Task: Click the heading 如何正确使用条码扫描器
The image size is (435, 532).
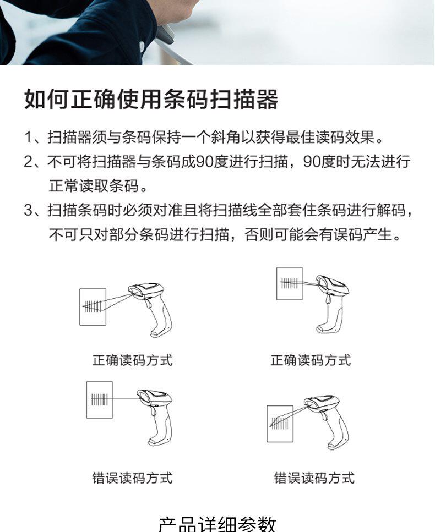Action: [151, 100]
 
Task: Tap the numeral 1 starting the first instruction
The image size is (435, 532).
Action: [28, 138]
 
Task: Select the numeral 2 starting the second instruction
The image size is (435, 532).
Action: [28, 162]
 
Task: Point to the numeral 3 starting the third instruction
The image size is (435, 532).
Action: [28, 210]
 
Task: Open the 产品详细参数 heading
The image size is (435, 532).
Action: [217, 524]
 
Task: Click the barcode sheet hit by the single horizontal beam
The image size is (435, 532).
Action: [100, 399]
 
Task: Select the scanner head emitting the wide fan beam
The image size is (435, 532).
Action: [146, 290]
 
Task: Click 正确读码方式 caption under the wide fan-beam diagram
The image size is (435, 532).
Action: [133, 360]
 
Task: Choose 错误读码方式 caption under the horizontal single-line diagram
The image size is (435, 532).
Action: [133, 478]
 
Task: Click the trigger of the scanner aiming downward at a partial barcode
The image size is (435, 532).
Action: [325, 415]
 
